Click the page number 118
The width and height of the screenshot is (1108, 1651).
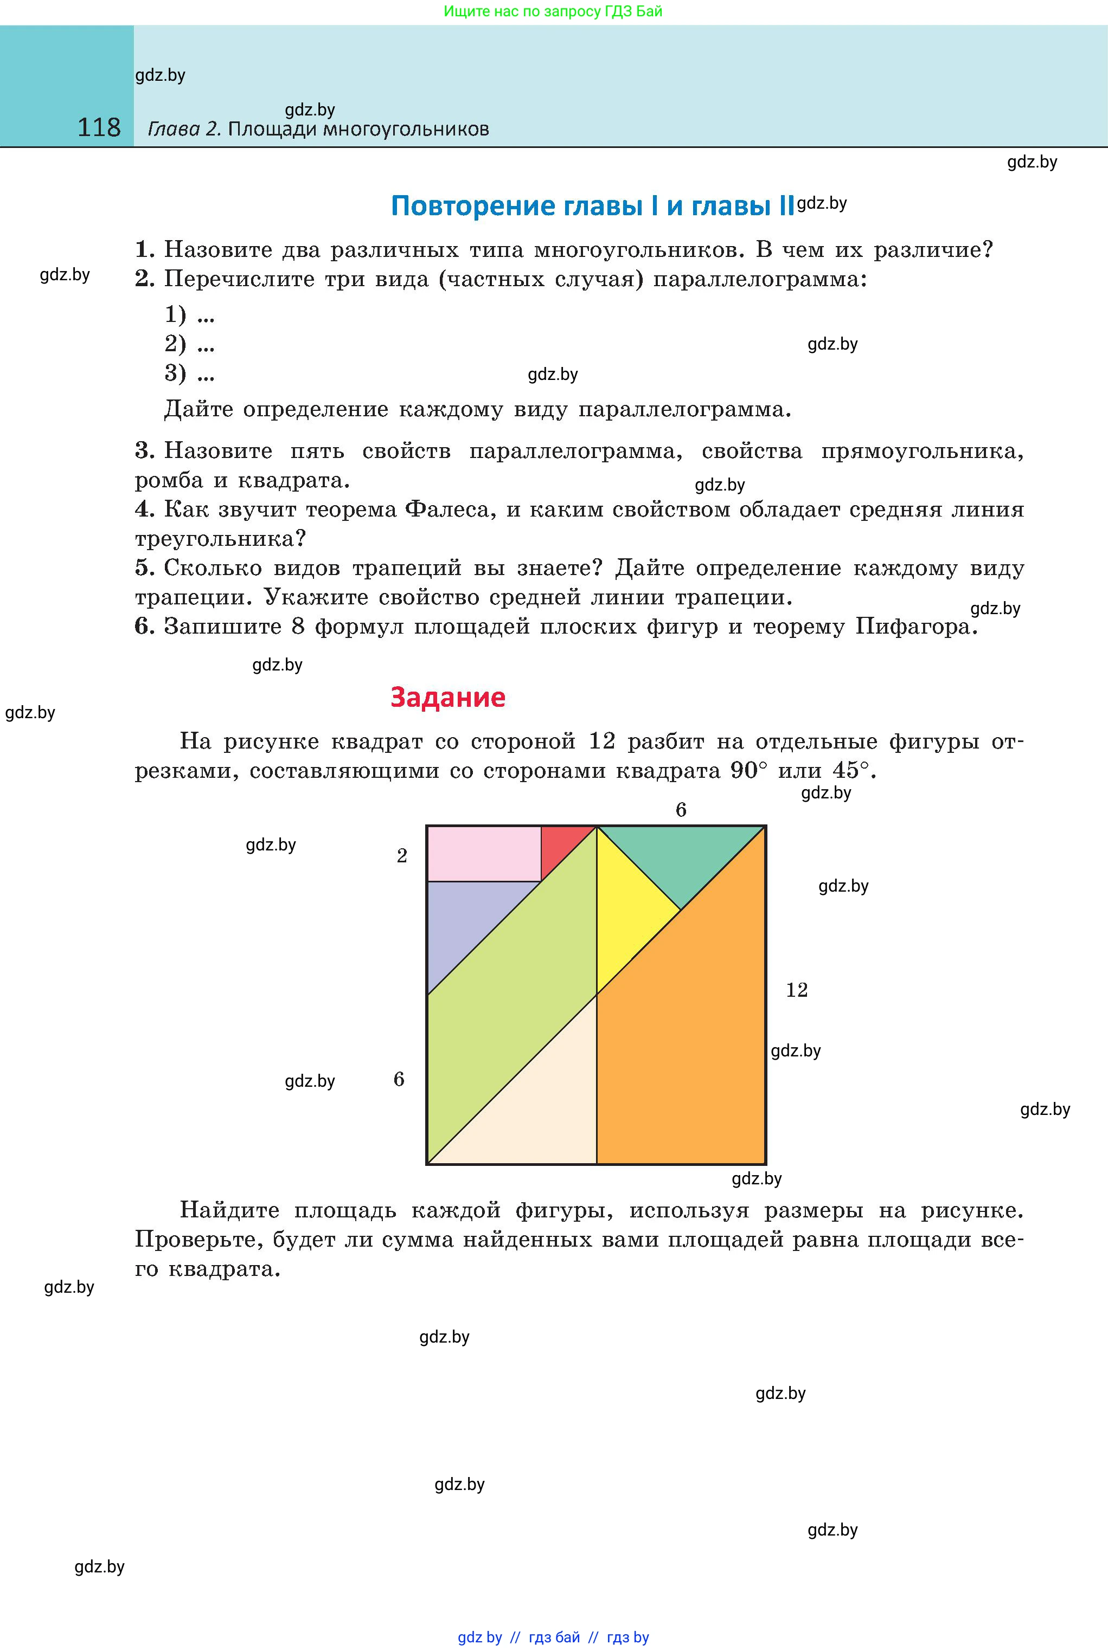tap(99, 127)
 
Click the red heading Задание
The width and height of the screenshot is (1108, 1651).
tap(447, 697)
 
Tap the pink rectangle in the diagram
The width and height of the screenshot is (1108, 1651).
tap(483, 854)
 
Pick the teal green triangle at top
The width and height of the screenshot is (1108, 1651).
tap(680, 858)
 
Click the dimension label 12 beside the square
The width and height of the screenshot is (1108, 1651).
tap(796, 990)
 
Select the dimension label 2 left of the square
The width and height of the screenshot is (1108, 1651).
tap(402, 856)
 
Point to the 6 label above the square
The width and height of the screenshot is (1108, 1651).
tap(681, 810)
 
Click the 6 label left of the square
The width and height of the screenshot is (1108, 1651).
tap(399, 1079)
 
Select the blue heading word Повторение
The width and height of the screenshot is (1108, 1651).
tap(471, 205)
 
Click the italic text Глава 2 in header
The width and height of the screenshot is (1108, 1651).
tap(184, 129)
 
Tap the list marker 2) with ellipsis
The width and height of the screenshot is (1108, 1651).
tap(189, 344)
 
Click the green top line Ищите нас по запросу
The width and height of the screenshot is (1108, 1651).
tap(553, 11)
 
